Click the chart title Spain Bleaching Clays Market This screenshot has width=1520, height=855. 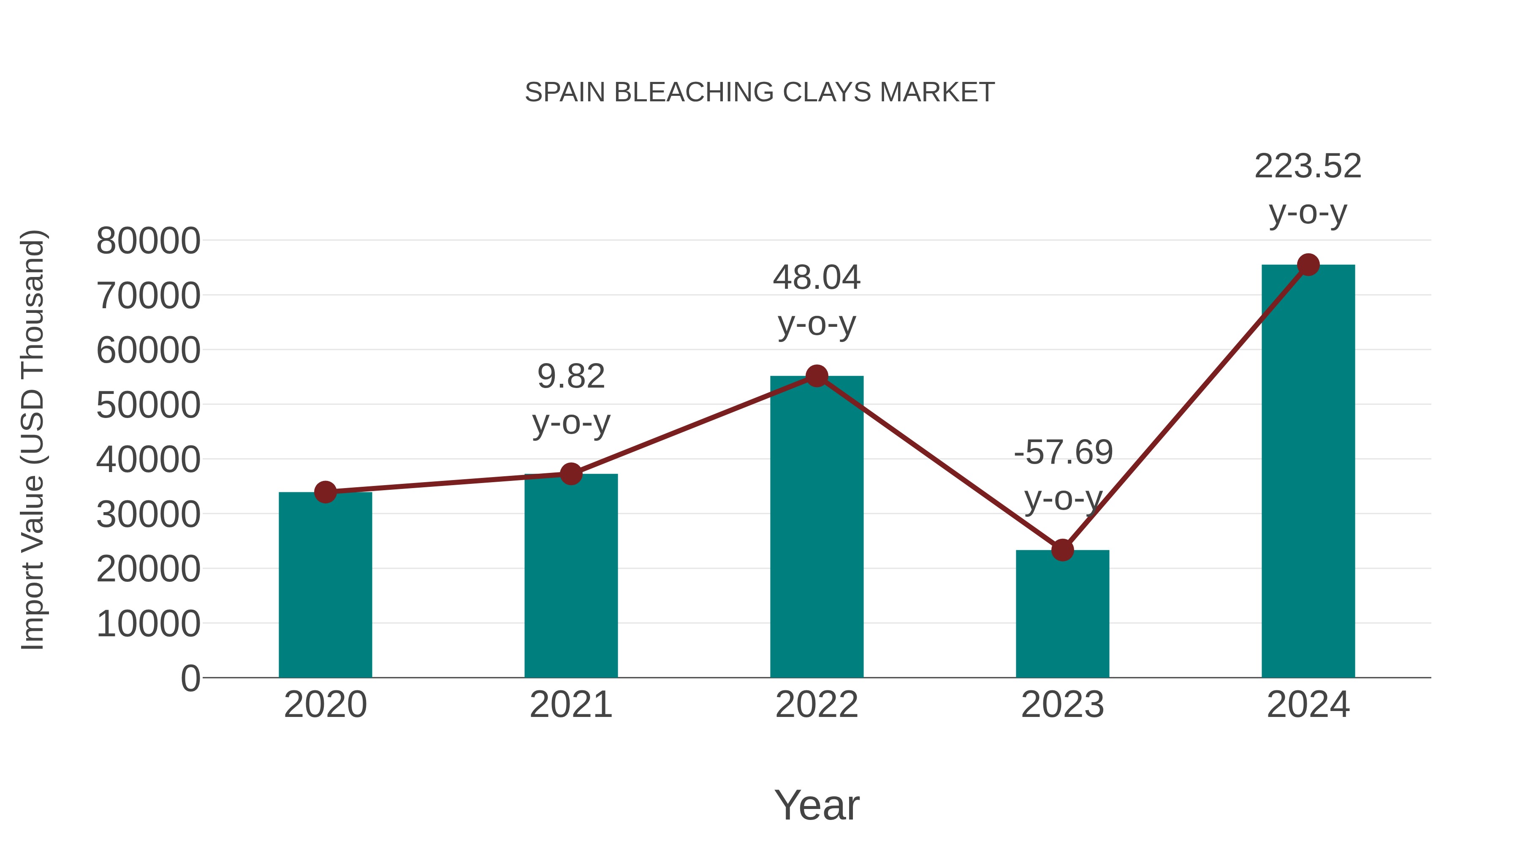[x=760, y=92]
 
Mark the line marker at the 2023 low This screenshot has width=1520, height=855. [x=1062, y=550]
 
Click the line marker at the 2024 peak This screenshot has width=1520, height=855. [x=1308, y=265]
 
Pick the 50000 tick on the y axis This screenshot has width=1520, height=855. [x=148, y=405]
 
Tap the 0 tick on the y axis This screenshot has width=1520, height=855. [x=190, y=678]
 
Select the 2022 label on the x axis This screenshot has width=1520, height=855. [x=817, y=705]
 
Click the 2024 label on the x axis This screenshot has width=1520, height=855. [x=1308, y=705]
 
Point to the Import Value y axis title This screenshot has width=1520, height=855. [x=33, y=440]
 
